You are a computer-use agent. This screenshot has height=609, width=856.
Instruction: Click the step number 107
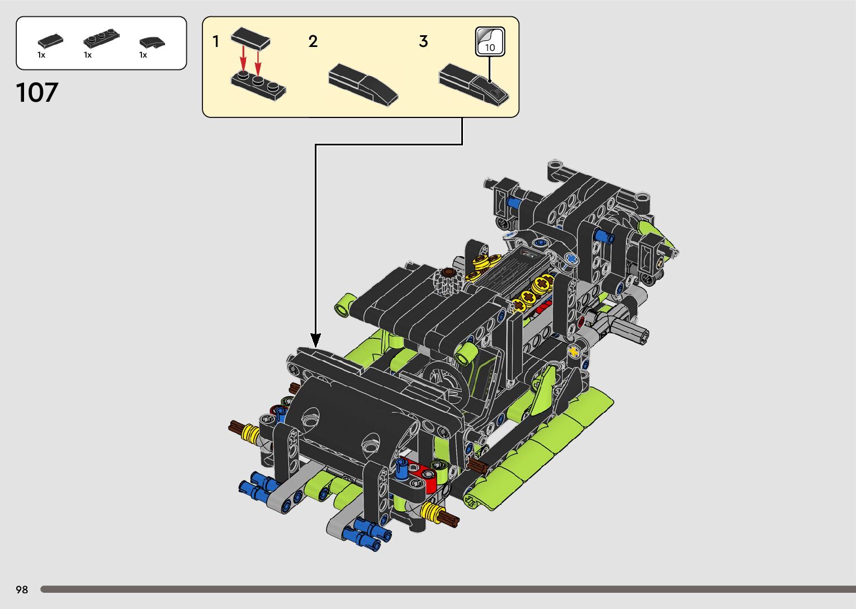click(37, 92)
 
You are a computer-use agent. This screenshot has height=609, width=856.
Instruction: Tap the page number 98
click(22, 589)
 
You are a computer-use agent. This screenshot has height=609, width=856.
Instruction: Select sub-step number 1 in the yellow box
click(216, 41)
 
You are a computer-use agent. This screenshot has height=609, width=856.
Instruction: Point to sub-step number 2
click(313, 41)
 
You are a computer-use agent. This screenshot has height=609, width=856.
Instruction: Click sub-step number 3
click(423, 41)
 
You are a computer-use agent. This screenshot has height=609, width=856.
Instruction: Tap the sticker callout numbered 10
click(490, 42)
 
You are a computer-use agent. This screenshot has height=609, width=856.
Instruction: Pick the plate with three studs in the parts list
click(101, 38)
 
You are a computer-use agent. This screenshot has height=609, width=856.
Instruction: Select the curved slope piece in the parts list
click(152, 43)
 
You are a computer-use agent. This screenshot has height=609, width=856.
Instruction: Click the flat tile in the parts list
click(50, 40)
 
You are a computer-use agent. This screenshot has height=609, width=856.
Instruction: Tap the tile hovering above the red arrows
click(250, 39)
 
